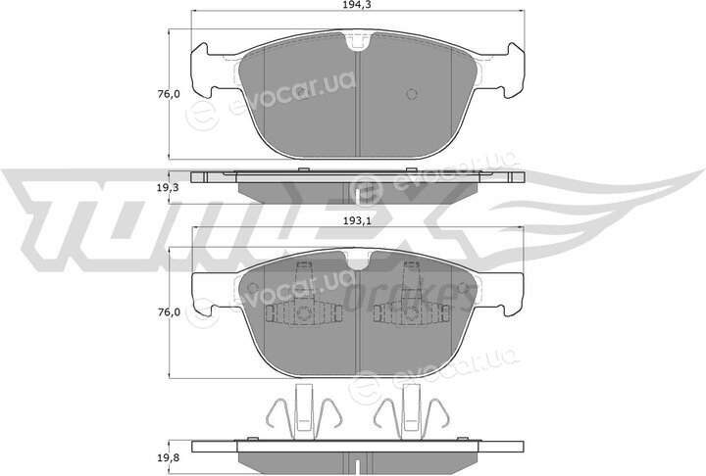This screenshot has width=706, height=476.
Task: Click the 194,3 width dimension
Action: (359, 5)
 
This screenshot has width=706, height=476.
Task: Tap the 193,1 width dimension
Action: (359, 221)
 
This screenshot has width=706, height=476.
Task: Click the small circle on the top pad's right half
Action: (412, 94)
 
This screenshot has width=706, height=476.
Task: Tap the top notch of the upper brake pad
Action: (358, 41)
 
